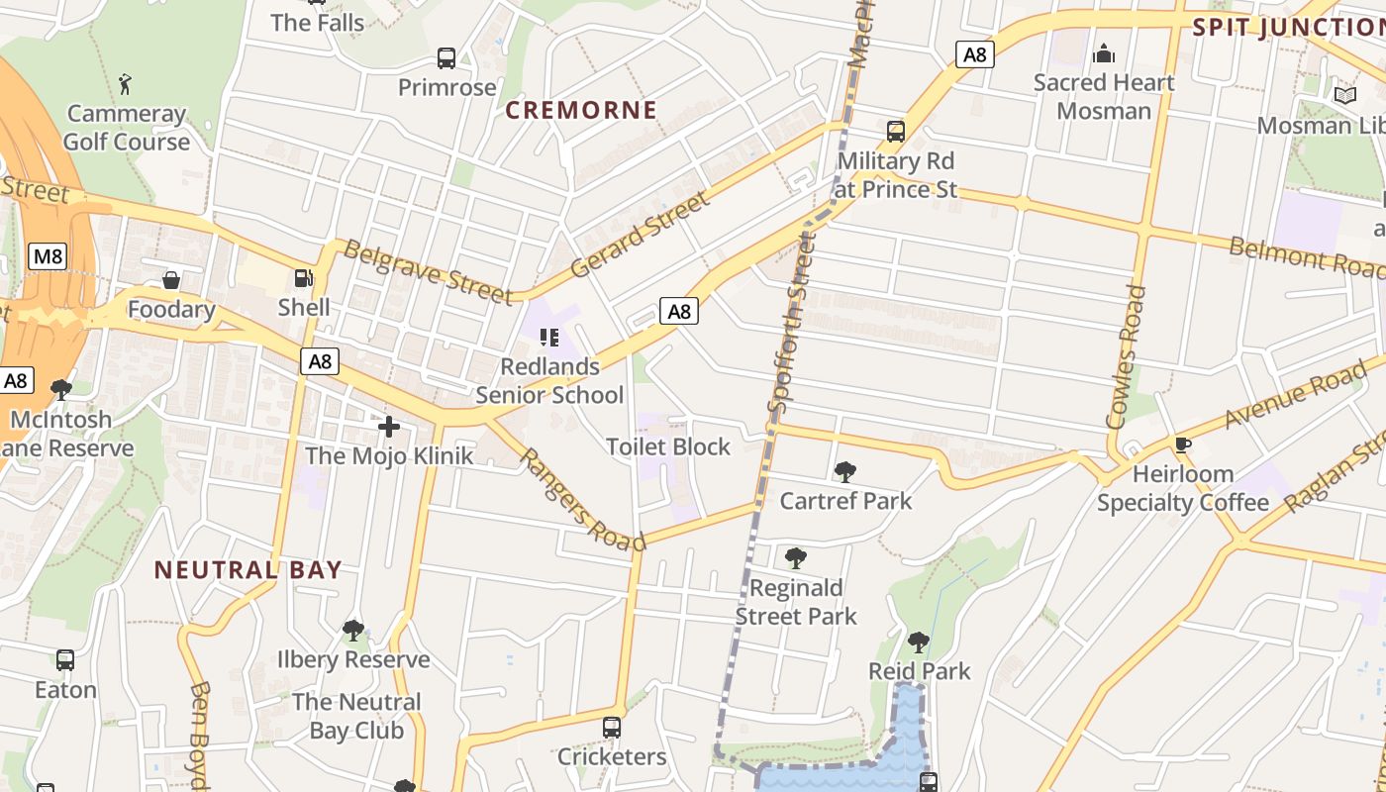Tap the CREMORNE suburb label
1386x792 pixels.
point(581,110)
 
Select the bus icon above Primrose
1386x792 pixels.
point(446,58)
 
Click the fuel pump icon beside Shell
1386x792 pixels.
point(303,278)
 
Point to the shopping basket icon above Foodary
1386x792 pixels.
point(171,281)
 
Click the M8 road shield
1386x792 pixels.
point(48,257)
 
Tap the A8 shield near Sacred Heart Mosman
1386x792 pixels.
point(975,54)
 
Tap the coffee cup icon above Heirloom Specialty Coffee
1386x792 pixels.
point(1181,445)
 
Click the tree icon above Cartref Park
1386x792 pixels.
point(844,471)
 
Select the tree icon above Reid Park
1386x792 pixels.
point(919,642)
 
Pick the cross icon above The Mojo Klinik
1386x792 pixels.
point(389,427)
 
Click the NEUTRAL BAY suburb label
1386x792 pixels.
point(247,570)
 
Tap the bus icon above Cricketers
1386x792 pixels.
point(612,728)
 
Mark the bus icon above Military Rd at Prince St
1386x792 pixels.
point(896,131)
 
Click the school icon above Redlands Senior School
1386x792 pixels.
point(549,338)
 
